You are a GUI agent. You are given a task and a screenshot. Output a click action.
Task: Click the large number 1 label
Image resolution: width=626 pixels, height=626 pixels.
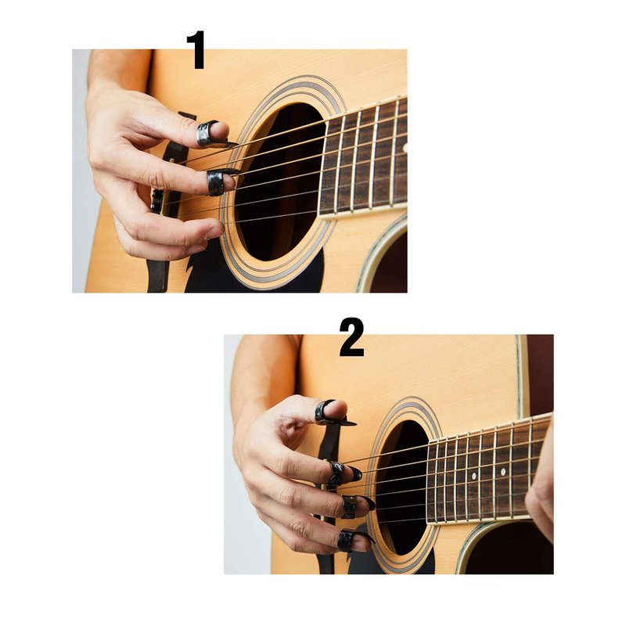tap(196, 49)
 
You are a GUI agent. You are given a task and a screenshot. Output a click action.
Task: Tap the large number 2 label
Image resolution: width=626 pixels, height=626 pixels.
tap(351, 337)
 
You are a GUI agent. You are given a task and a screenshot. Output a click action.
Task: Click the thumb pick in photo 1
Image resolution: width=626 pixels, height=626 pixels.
tap(210, 135)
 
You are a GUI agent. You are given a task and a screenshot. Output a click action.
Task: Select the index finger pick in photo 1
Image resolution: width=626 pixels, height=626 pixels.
tap(219, 182)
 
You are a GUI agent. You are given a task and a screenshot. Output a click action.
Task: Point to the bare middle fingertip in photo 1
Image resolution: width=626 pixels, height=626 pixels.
tap(216, 231)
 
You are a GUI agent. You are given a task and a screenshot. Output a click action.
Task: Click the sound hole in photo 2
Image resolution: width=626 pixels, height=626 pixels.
tap(402, 487)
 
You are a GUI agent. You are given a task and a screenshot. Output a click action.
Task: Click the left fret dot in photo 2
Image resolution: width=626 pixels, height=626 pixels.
tap(474, 477)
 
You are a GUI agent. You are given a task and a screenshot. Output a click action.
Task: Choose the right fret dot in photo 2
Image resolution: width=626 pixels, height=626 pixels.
tap(503, 472)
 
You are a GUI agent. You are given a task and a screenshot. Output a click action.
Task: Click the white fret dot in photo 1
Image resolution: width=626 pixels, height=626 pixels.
tap(405, 149)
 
